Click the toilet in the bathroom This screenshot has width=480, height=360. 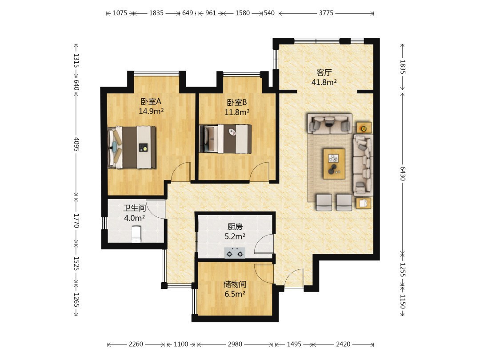point(136,234)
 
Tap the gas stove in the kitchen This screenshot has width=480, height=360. point(235,253)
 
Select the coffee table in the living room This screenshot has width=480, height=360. point(334,164)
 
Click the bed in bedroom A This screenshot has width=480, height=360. point(132,147)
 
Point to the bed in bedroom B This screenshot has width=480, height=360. point(225,139)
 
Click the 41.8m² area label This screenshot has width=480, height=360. point(324,82)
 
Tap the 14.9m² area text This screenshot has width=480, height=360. point(151,111)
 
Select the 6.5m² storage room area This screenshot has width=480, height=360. point(235,294)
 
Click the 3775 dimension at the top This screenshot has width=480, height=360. point(326,13)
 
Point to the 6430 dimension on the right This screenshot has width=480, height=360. point(403,174)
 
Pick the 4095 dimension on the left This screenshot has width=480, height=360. point(76,144)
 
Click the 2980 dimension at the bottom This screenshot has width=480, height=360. point(235,344)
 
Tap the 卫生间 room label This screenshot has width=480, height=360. point(134,208)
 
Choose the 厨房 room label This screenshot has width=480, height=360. point(235,227)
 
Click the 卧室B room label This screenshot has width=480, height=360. point(236,102)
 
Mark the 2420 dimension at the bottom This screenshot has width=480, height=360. point(343,344)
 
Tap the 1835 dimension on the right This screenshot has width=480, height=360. point(403,67)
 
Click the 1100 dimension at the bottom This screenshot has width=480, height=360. point(181,344)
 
